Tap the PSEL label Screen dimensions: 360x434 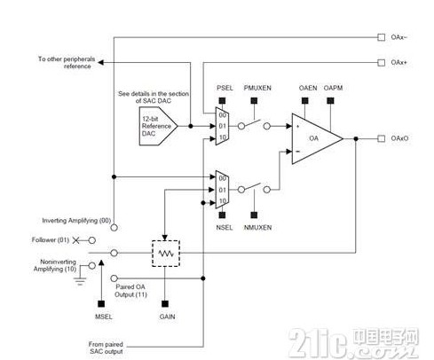click(224, 88)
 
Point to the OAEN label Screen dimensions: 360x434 click(307, 88)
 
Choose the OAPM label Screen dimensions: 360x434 click(334, 88)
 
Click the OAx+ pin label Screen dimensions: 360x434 click(398, 62)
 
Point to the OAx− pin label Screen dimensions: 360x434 click(398, 37)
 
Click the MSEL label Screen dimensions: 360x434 click(101, 315)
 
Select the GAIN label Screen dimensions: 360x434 click(166, 315)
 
